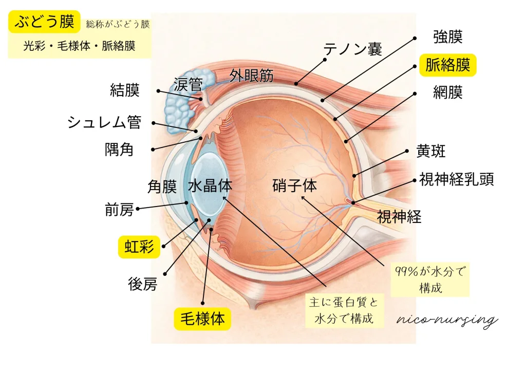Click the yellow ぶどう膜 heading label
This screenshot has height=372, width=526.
[x=44, y=22]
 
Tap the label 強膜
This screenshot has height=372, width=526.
[x=448, y=37]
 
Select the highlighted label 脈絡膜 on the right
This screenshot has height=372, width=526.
[x=448, y=65]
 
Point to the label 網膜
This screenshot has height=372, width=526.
[x=448, y=92]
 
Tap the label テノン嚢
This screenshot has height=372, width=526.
[x=352, y=49]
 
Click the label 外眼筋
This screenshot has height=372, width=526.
[x=251, y=76]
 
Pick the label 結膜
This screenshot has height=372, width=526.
[x=125, y=90]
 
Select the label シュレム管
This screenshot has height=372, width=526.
[x=104, y=122]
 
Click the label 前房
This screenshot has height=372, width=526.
[x=119, y=210]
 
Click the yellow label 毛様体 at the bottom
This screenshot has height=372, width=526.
[x=202, y=319]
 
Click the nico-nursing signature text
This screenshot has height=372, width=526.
[x=447, y=320]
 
